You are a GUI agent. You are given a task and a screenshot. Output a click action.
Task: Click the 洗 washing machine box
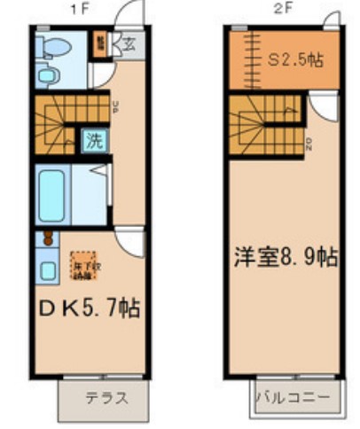coord(92,139)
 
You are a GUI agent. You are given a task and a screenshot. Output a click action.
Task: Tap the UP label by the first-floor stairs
coord(116,107)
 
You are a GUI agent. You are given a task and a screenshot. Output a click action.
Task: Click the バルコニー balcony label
coord(293,397)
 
